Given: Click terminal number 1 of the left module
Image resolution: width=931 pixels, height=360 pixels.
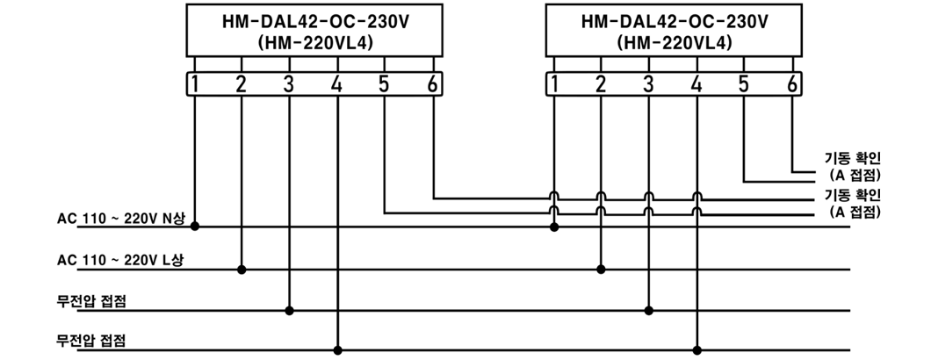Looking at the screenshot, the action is tap(194, 85).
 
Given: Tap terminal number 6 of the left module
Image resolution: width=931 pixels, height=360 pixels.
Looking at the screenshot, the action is tap(433, 85).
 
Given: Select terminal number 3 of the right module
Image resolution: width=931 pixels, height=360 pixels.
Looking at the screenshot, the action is tap(648, 85).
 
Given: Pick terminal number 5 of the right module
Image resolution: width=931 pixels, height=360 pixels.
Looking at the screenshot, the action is tap(743, 85).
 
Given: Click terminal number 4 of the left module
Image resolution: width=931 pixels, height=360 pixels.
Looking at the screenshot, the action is tap(336, 85).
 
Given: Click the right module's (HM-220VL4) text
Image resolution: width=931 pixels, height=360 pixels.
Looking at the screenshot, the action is tap(675, 43).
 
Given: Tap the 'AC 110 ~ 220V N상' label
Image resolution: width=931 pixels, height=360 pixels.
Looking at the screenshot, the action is tap(120, 219).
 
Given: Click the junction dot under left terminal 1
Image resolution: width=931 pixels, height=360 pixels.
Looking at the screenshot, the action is tap(194, 227).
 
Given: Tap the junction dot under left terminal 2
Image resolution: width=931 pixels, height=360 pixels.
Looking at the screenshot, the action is tap(241, 270).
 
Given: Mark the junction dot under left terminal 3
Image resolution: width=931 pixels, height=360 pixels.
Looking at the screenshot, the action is tap(289, 310).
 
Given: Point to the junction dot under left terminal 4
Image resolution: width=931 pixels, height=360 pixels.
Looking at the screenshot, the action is tap(337, 349).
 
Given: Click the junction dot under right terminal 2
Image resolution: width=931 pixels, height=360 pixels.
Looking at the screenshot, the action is tap(601, 270).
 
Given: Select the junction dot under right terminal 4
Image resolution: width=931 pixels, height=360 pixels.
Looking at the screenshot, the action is tap(697, 349).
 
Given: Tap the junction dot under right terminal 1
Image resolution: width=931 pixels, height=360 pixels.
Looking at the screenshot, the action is tap(554, 227).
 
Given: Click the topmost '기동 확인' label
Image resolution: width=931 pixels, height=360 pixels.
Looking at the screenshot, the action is tap(853, 159).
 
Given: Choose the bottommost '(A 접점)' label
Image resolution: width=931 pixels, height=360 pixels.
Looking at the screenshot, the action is tap(854, 212).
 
